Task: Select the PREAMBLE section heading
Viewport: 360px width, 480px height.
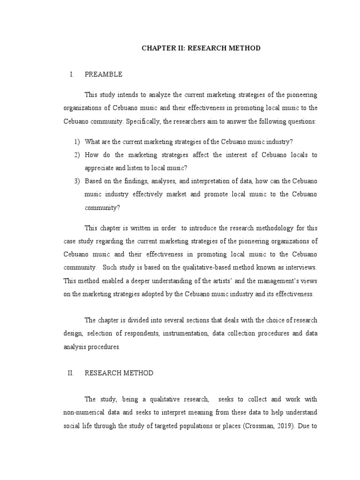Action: [104, 74]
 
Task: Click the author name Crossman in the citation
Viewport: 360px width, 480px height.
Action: [265, 426]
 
